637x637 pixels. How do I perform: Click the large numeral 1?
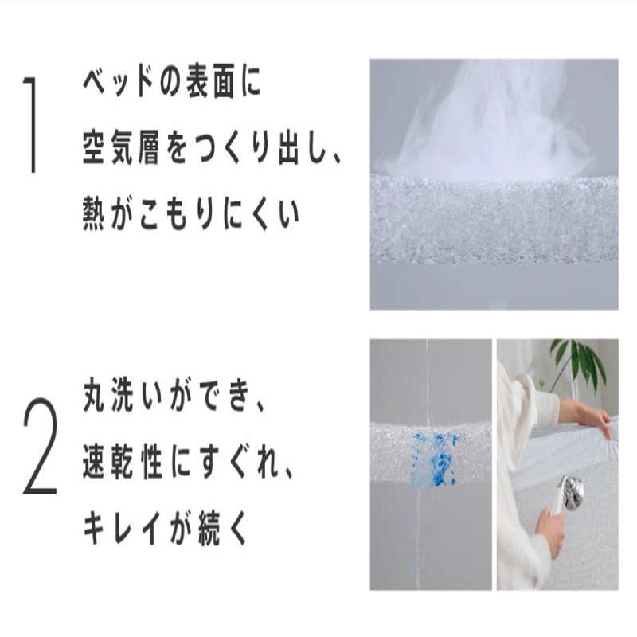click(x=32, y=125)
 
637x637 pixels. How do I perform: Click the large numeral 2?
click(x=40, y=446)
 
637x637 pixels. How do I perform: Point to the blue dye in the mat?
click(x=436, y=459)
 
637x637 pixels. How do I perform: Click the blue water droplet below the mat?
click(x=412, y=572)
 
